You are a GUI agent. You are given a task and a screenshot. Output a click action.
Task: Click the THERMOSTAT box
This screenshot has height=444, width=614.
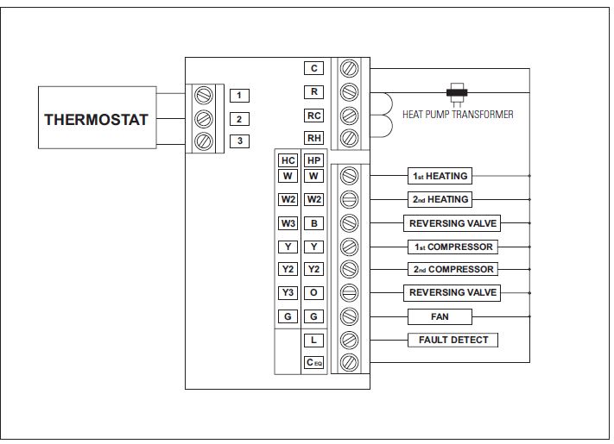click(x=97, y=119)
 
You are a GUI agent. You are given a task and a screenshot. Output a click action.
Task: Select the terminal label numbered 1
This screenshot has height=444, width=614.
click(x=239, y=96)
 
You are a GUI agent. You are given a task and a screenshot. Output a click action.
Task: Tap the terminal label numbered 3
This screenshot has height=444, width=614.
click(x=239, y=141)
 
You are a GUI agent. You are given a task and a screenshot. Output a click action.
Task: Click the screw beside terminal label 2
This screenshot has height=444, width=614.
click(x=205, y=119)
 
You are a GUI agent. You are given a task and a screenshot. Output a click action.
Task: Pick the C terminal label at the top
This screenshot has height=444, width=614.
click(x=313, y=68)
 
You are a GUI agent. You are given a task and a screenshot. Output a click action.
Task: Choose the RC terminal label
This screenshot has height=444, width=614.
click(x=313, y=116)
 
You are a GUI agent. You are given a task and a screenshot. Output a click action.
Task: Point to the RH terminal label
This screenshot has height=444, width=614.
click(x=313, y=138)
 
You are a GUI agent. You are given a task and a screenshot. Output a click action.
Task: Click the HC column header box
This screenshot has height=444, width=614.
click(x=288, y=161)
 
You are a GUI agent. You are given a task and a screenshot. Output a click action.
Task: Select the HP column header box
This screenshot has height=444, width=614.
click(x=313, y=161)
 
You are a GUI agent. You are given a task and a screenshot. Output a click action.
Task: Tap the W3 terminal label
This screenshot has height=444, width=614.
click(x=288, y=223)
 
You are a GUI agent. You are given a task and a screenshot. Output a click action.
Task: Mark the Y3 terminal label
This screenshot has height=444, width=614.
click(x=288, y=293)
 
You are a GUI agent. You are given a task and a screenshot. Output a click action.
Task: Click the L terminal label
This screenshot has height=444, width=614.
click(x=313, y=341)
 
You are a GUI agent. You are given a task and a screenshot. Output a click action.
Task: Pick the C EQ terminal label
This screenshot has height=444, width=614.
click(x=313, y=363)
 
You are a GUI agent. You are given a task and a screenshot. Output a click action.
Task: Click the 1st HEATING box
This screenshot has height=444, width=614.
click(x=440, y=176)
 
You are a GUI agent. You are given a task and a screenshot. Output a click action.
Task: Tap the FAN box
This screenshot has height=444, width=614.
click(x=440, y=316)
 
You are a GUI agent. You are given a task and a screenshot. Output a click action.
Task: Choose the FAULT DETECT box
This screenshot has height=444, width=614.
click(x=453, y=340)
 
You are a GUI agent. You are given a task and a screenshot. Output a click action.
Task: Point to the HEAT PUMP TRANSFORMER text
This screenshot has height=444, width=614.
click(x=458, y=115)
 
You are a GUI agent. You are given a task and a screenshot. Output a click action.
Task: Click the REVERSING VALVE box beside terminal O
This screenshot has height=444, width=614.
click(x=453, y=293)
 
